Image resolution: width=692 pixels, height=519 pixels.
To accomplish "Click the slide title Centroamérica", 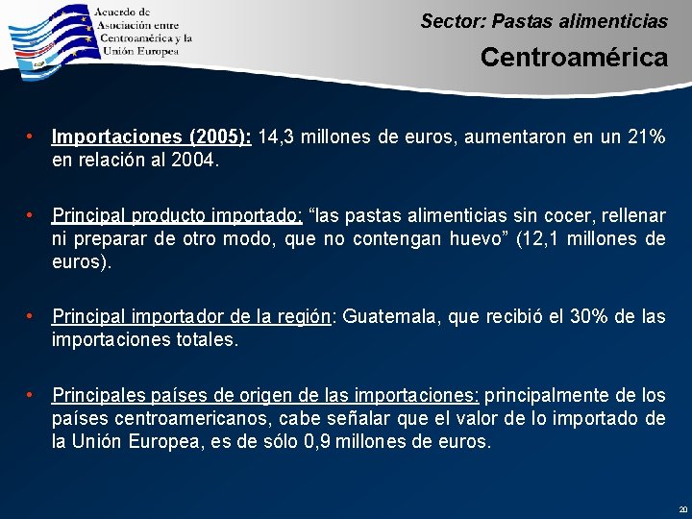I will [574, 58].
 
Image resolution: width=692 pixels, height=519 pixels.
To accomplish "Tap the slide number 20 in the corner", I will [682, 508].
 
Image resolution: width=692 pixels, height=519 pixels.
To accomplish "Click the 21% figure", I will [644, 137].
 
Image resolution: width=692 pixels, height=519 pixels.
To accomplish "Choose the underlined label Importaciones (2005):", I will [152, 137].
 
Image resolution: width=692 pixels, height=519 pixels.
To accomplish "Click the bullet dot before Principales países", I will [32, 395].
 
